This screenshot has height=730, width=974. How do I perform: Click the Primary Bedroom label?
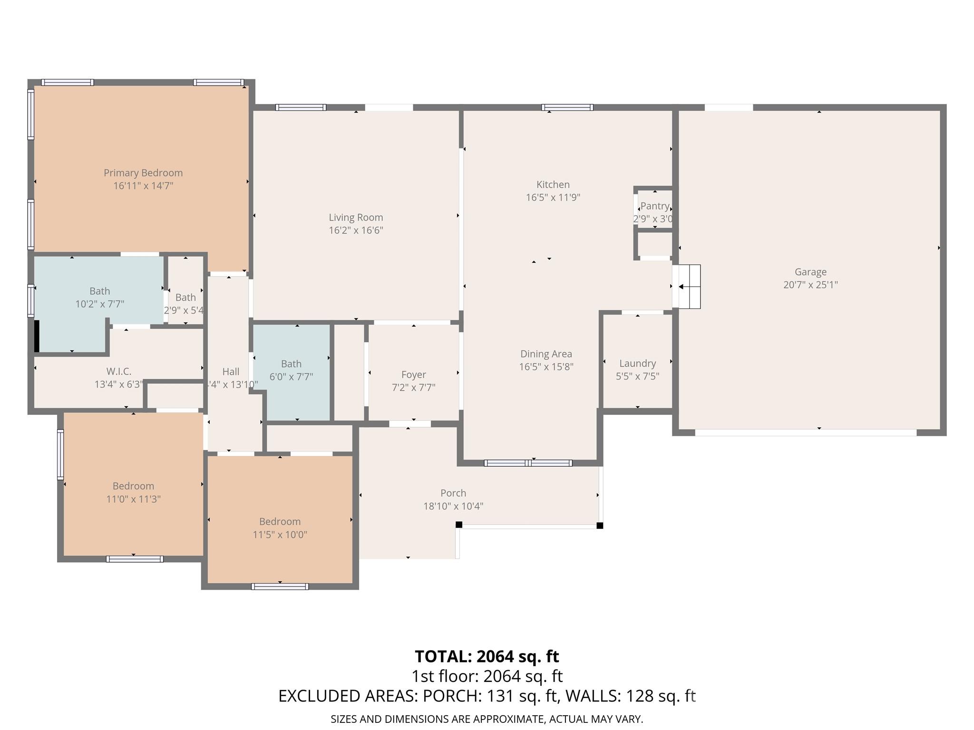[143, 173]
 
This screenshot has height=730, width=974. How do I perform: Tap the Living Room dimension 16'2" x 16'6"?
[356, 231]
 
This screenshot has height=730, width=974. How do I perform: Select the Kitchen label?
[553, 184]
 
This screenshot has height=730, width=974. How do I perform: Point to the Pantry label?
[655, 206]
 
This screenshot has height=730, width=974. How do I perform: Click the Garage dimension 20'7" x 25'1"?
[810, 285]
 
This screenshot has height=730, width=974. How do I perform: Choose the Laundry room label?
[637, 364]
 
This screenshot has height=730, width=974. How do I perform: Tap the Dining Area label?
[546, 354]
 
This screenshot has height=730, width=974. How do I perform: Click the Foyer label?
[413, 375]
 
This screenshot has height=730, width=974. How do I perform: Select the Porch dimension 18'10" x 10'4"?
[453, 506]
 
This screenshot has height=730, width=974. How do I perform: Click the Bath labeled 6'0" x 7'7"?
[291, 364]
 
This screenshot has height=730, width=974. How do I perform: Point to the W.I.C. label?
[119, 372]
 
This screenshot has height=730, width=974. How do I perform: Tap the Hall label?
[231, 372]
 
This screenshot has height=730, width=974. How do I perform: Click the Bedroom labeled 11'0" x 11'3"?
[133, 486]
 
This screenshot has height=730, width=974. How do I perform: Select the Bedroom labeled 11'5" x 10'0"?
[280, 522]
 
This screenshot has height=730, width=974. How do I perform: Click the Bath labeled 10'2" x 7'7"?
[99, 291]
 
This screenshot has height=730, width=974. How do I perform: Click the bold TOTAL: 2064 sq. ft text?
[487, 656]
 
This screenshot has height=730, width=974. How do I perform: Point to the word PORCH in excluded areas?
[451, 696]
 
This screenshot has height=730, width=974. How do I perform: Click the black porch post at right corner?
[600, 525]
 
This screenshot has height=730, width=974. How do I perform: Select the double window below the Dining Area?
[528, 463]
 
